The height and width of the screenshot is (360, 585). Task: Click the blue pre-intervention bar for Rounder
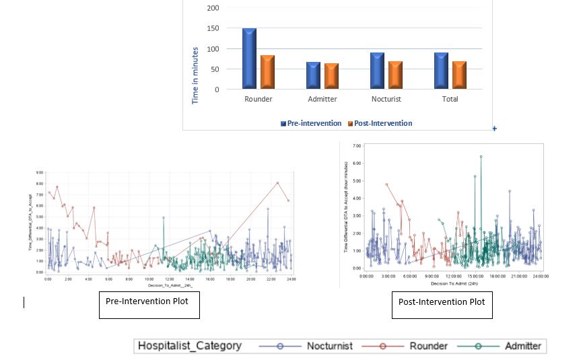(x=249, y=59)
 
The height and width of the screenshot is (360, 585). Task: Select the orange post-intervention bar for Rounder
(x=267, y=73)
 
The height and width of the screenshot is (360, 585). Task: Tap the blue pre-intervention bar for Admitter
(x=313, y=76)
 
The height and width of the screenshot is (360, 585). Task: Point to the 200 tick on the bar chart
(x=213, y=8)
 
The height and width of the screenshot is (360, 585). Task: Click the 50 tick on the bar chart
(x=215, y=69)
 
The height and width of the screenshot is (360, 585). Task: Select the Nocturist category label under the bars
(x=386, y=99)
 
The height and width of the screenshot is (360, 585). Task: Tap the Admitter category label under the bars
(x=322, y=99)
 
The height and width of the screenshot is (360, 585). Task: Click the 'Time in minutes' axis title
(x=195, y=75)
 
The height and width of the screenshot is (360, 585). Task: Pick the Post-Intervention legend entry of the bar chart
(x=380, y=123)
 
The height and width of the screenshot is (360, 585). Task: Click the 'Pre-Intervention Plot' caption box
(x=149, y=305)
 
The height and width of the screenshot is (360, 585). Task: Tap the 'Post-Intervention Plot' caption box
(x=442, y=304)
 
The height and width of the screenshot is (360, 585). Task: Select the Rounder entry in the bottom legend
(x=415, y=346)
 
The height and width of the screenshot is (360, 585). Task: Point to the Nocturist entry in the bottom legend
(x=319, y=346)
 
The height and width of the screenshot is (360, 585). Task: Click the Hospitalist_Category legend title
(x=189, y=346)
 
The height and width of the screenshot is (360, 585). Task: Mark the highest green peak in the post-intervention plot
(x=481, y=156)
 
